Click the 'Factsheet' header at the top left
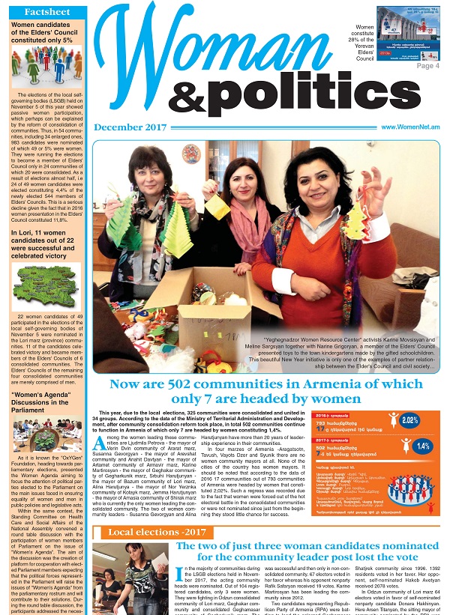pyautogui.click(x=43, y=13)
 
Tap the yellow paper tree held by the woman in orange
pyautogui.click(x=355, y=222)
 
